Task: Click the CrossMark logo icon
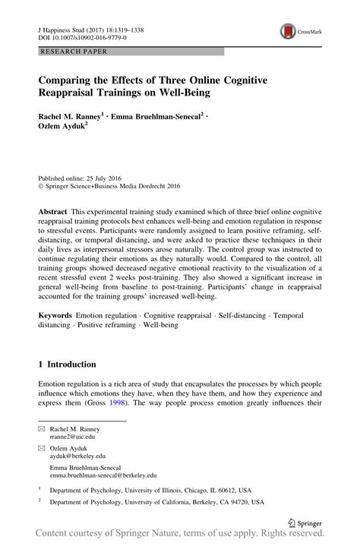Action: tap(289, 31)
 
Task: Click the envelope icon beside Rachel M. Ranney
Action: tap(43, 429)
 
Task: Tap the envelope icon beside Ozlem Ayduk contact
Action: tap(43, 451)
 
